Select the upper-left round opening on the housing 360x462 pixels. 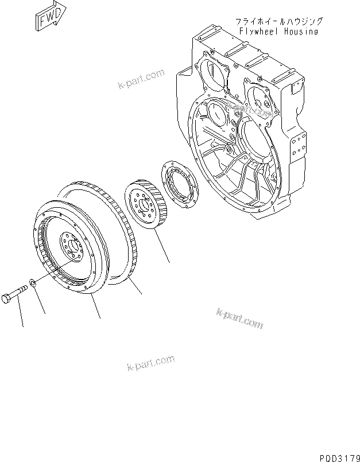tap(212, 79)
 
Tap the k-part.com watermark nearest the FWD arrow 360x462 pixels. tap(140, 79)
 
